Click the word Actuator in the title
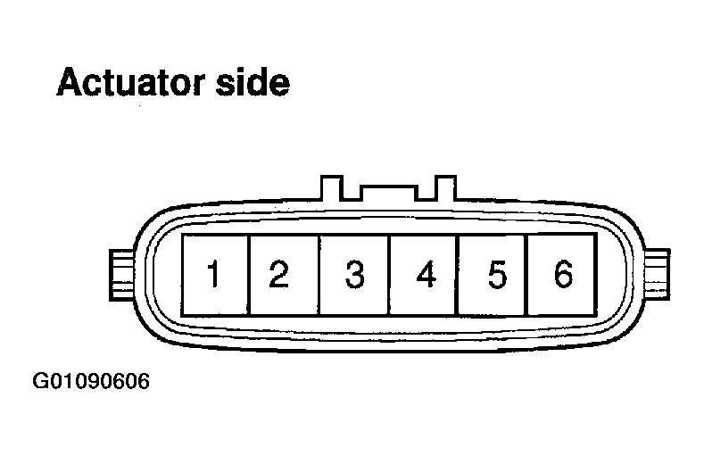(131, 82)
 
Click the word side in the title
(253, 82)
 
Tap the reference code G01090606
(91, 382)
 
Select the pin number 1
(214, 273)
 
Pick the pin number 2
(278, 273)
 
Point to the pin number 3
(354, 274)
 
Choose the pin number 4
(427, 273)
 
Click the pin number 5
(497, 274)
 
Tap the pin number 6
(564, 273)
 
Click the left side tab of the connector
(122, 275)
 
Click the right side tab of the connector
(657, 275)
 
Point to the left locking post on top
(332, 187)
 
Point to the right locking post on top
(445, 187)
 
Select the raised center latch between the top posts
(389, 193)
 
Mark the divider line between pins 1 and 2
(248, 275)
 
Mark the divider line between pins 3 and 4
(389, 275)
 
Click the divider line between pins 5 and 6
(526, 275)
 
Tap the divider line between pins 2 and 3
(319, 275)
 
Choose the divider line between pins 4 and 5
(456, 275)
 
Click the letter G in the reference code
(39, 382)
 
